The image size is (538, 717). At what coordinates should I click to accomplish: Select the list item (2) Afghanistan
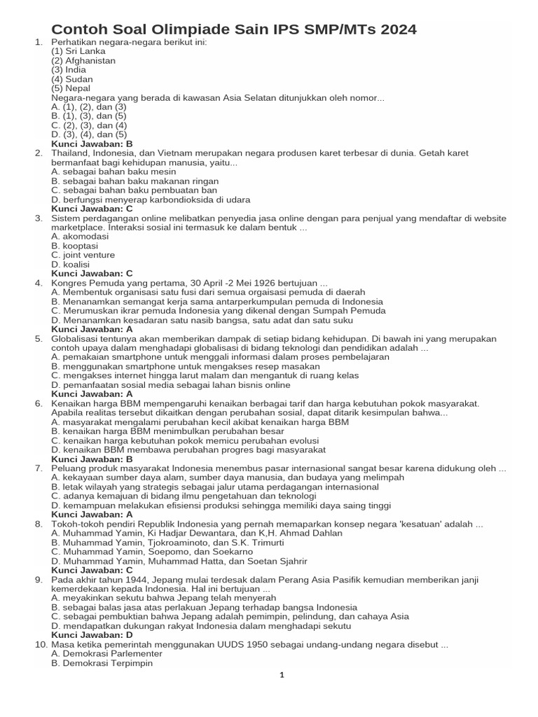coord(83,61)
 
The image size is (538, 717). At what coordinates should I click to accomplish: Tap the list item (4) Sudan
coord(73,80)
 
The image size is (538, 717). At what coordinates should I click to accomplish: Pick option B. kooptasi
coord(75,246)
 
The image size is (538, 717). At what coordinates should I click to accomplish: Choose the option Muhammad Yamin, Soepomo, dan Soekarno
coord(152,552)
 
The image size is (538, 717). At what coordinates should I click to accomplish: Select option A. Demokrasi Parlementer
coord(106,653)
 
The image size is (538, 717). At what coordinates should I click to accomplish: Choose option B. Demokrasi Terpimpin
coord(102,662)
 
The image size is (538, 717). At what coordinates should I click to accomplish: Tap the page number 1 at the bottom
coord(281,676)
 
